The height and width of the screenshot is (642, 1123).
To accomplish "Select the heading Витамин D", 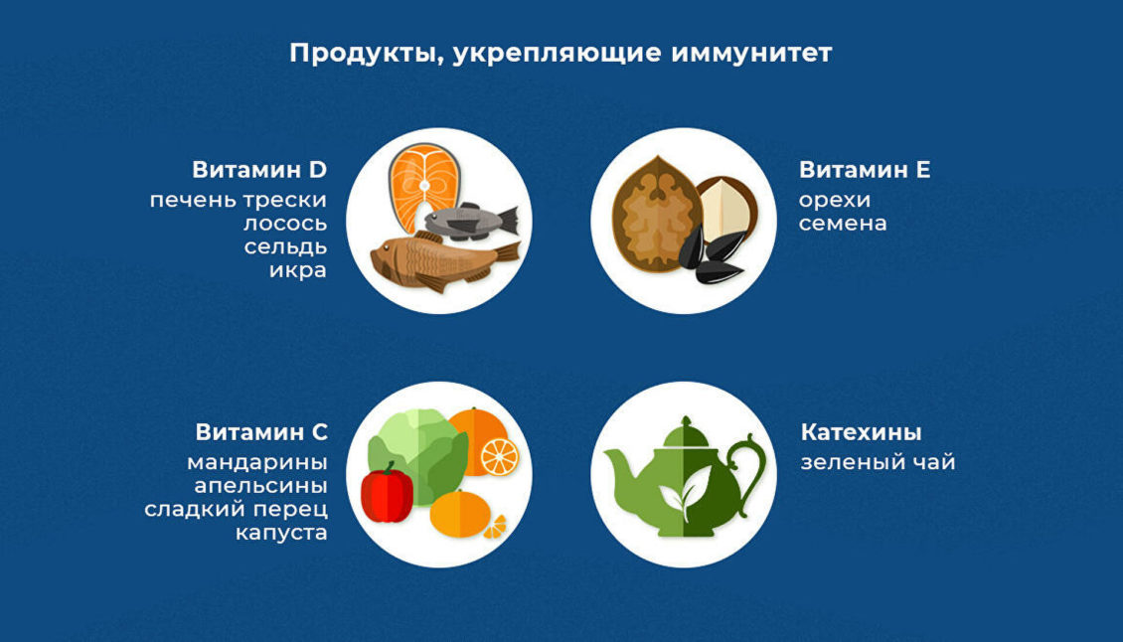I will tap(259, 170).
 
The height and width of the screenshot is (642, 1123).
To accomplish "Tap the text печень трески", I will tap(238, 200).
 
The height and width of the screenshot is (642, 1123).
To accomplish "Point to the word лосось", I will tap(285, 224).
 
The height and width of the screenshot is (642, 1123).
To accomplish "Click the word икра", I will tap(297, 270).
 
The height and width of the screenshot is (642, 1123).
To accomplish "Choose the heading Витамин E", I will tap(865, 170).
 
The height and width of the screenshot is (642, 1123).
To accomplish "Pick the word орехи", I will tap(835, 200).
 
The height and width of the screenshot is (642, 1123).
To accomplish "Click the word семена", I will tap(843, 224).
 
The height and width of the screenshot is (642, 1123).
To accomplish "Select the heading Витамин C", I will tap(261, 432).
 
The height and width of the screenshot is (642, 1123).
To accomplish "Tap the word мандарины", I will tap(256, 462).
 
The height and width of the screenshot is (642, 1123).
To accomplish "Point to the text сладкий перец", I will tap(236, 510).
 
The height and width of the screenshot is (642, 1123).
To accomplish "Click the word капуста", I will tap(281, 534).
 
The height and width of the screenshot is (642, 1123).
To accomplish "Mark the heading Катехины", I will tap(861, 432).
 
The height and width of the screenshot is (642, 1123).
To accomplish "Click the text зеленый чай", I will tap(878, 462).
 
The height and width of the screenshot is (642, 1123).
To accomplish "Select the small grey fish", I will tap(467, 220).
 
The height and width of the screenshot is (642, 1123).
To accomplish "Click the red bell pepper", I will tap(387, 493).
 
